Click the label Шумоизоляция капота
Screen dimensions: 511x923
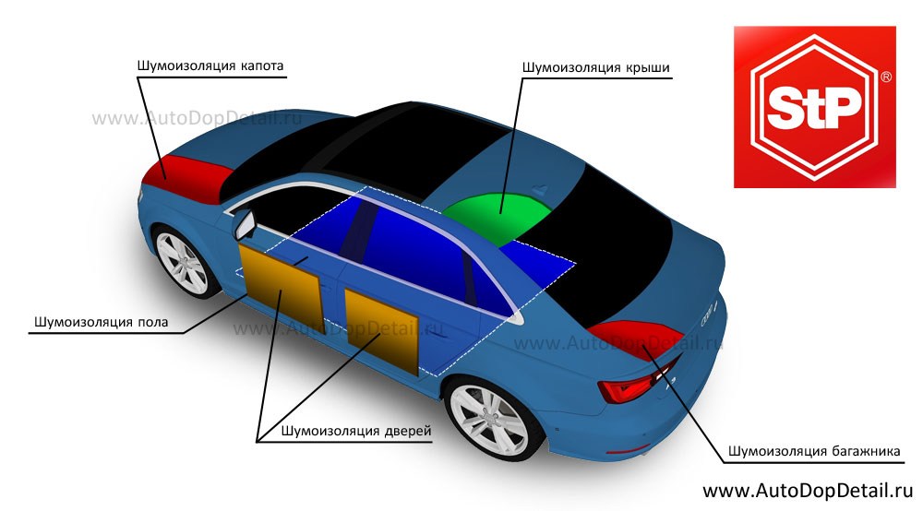(x=210, y=66)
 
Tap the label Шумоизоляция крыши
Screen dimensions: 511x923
(x=595, y=67)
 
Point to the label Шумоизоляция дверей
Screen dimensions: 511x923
(x=356, y=430)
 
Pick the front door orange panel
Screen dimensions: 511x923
(x=281, y=286)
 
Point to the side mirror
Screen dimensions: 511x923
(x=246, y=223)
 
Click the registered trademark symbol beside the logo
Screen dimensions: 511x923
(x=886, y=79)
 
